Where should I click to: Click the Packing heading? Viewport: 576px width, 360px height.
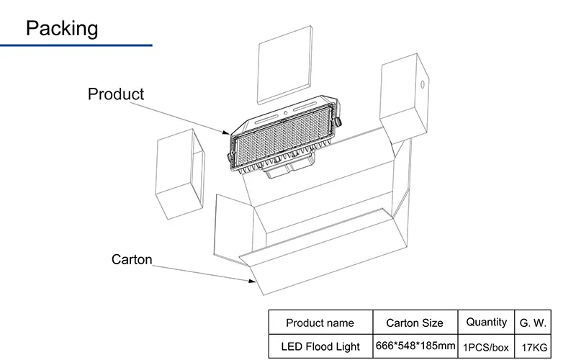tap(62, 28)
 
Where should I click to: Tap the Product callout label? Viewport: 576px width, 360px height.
tap(115, 94)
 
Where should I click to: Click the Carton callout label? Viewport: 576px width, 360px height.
tap(132, 259)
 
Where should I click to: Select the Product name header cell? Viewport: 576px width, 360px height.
tap(320, 323)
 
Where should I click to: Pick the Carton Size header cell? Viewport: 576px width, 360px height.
tap(415, 323)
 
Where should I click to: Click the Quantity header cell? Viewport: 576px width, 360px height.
tap(487, 322)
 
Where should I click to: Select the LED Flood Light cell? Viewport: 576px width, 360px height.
tap(320, 346)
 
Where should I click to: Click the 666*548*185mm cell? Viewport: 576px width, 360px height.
tap(415, 346)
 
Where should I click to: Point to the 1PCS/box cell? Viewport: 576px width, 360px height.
tap(487, 347)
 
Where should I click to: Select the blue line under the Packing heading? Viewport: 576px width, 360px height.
tap(76, 45)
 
